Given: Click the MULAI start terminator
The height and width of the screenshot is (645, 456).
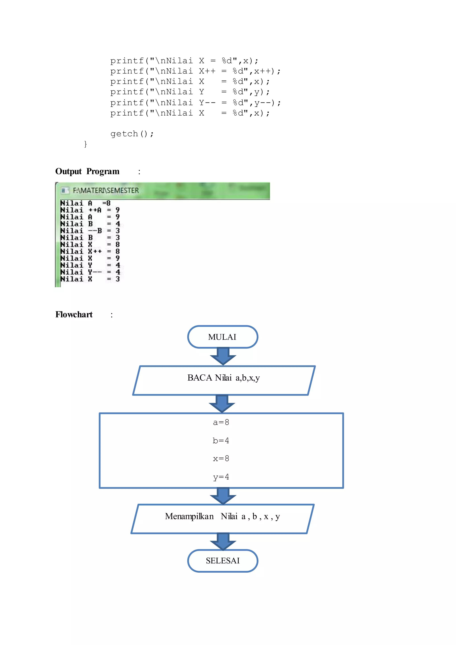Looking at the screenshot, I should [x=222, y=337].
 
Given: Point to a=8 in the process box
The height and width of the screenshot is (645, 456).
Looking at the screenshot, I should [x=221, y=422].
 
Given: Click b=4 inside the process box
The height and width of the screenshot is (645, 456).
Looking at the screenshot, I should [x=221, y=441].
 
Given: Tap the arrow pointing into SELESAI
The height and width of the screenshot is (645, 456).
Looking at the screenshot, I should [x=223, y=541].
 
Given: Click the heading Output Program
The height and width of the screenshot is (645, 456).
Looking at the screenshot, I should [x=87, y=171].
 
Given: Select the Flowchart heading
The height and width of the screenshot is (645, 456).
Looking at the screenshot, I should [x=74, y=315].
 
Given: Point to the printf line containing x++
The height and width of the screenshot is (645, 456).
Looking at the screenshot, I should [x=195, y=71].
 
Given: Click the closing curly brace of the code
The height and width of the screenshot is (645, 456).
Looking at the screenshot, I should [x=85, y=144].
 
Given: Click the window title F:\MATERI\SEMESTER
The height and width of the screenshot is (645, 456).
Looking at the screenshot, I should [x=106, y=190].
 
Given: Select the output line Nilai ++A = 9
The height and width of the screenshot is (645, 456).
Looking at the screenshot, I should [x=90, y=210].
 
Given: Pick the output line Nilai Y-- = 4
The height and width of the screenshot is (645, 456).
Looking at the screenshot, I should [x=90, y=272].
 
